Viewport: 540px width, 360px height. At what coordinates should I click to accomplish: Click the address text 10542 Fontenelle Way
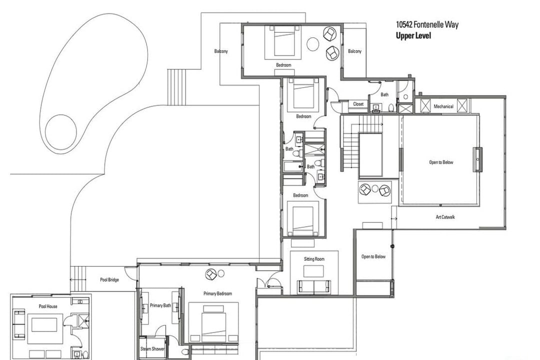[x=427, y=24]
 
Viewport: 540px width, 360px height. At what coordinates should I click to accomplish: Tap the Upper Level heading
[x=413, y=35]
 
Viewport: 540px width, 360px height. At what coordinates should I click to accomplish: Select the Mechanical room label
[x=443, y=106]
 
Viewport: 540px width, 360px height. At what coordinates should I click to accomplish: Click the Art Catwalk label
[x=445, y=217]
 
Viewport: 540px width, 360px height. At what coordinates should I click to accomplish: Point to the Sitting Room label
[x=314, y=259]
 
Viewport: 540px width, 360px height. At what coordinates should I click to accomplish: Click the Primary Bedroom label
[x=217, y=293]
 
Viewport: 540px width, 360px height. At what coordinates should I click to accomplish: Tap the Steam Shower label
[x=152, y=348]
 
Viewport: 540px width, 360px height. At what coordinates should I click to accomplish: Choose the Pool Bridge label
[x=109, y=279]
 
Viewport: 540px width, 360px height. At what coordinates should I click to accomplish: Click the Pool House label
[x=48, y=306]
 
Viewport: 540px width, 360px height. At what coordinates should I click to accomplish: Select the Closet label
[x=358, y=104]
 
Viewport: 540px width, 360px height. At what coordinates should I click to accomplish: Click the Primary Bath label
[x=160, y=305]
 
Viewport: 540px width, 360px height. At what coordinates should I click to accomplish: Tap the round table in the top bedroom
[x=313, y=44]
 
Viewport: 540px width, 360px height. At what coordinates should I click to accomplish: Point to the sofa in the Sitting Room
[x=314, y=287]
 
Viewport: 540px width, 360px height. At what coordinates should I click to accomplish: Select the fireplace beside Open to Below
[x=477, y=159]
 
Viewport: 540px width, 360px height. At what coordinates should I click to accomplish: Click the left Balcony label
[x=221, y=51]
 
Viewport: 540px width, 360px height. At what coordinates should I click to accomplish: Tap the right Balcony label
[x=354, y=51]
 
